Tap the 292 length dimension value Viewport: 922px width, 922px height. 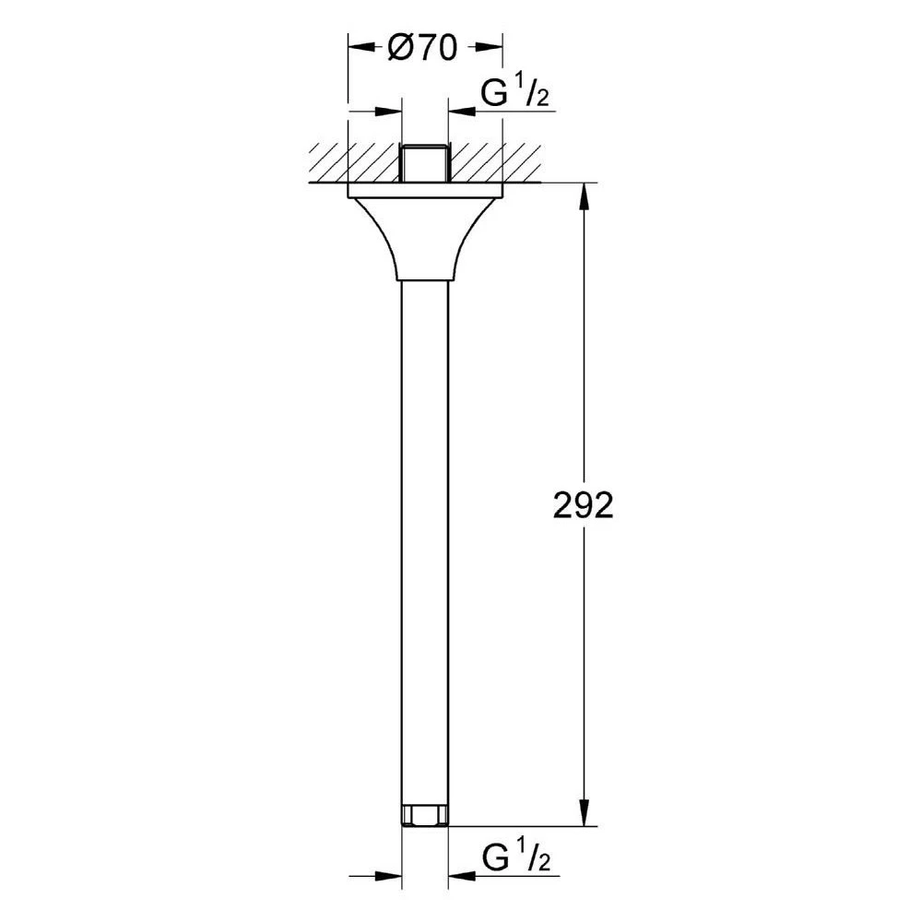pos(584,505)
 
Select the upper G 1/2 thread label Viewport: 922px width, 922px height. pos(515,93)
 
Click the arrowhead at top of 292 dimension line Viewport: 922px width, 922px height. pos(584,197)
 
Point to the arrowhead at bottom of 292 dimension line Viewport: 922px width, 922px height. pos(584,812)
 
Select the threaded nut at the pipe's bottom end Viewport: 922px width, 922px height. pos(424,817)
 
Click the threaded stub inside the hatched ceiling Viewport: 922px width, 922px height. pos(425,163)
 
